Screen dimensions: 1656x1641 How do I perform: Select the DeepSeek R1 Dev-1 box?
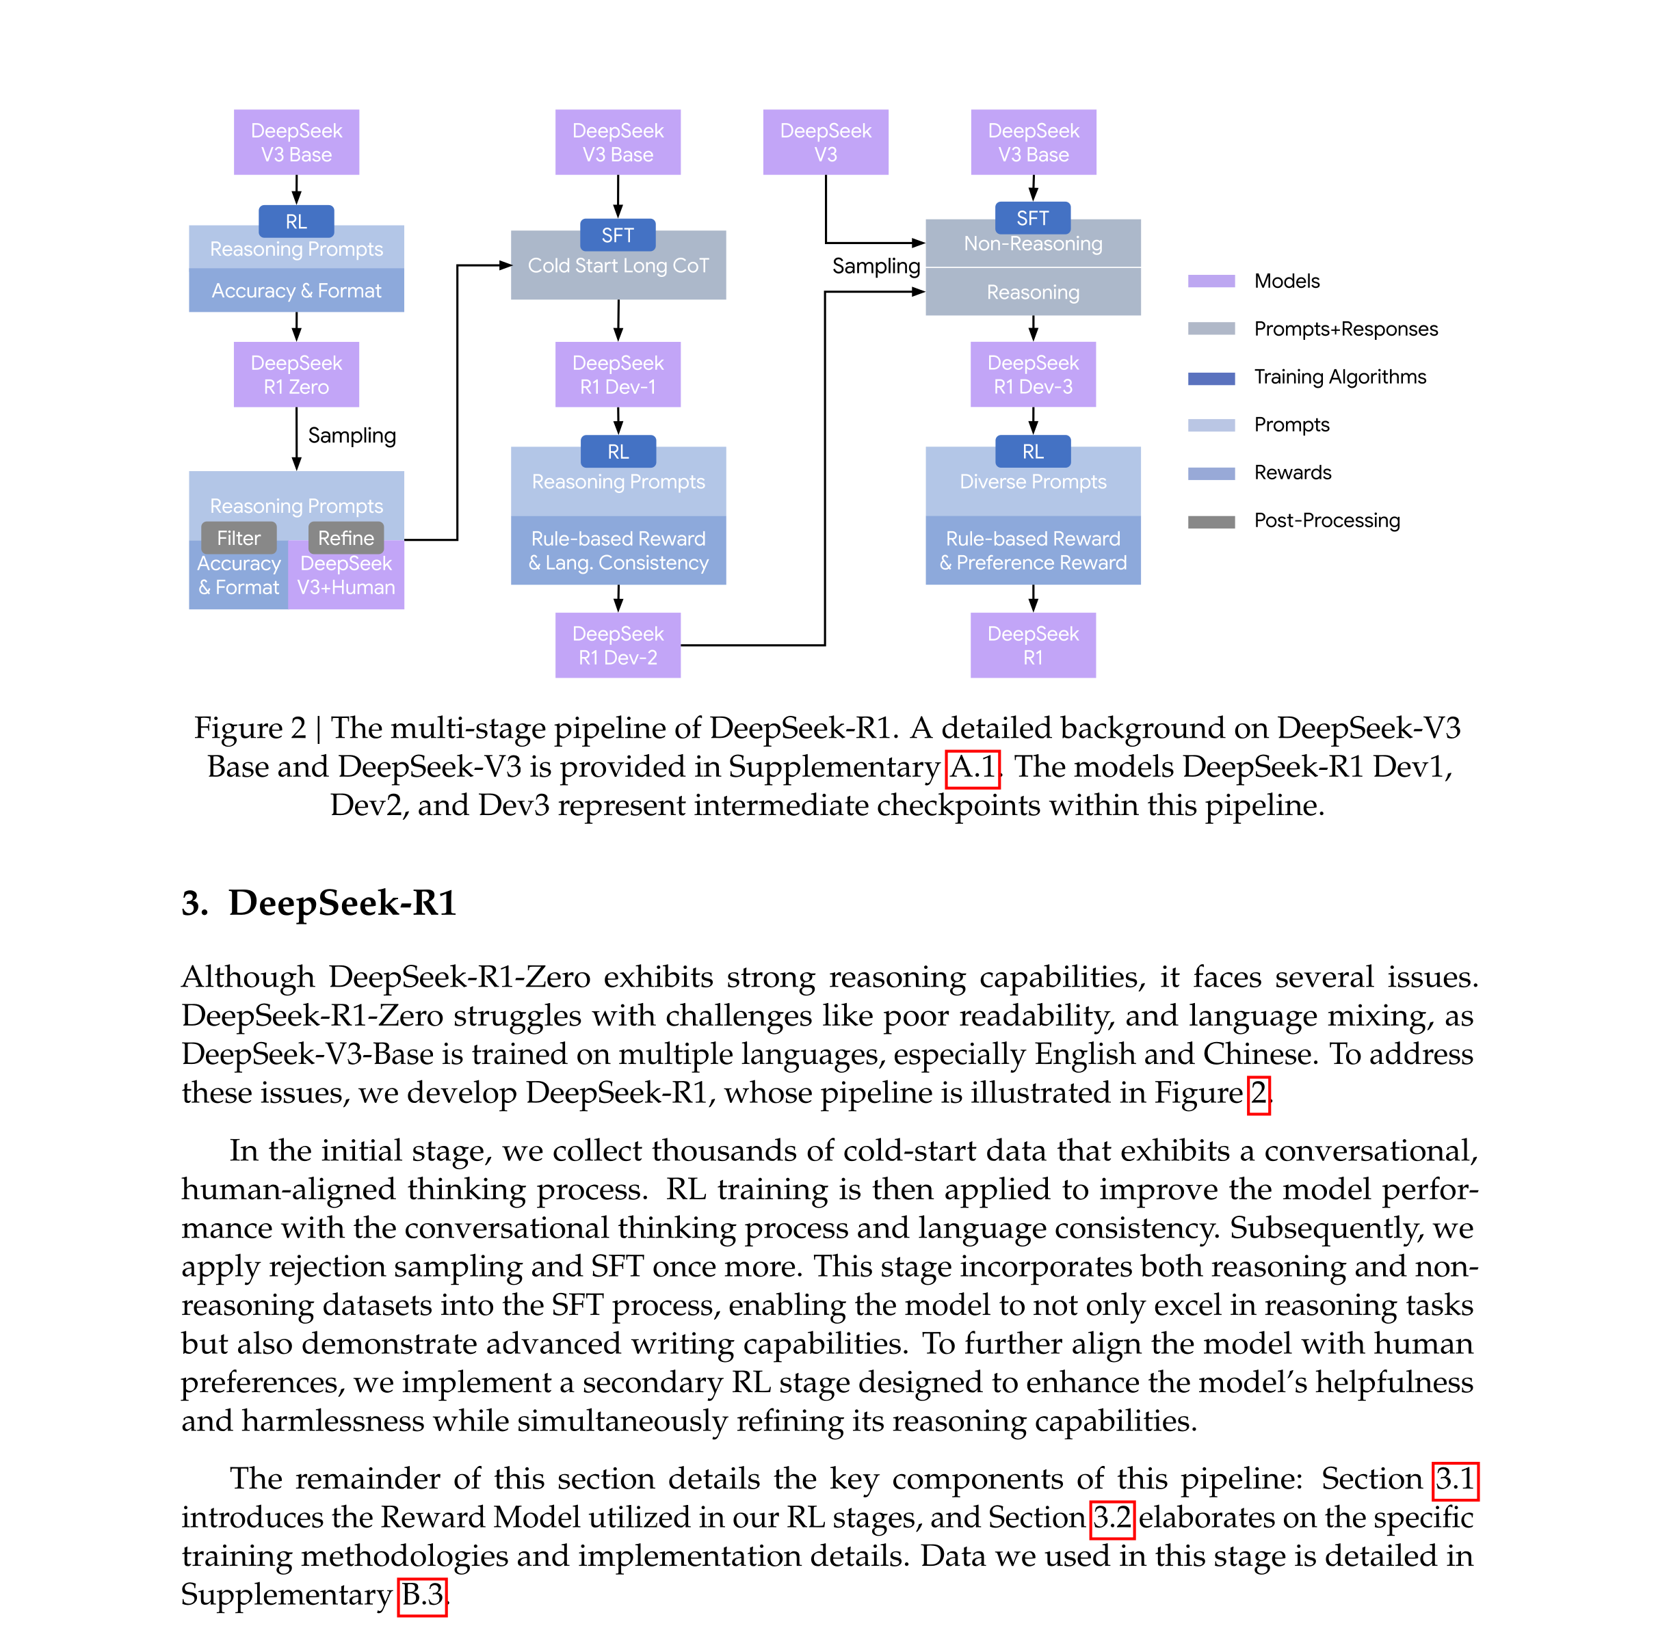617,375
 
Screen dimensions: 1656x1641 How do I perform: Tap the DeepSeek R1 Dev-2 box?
617,645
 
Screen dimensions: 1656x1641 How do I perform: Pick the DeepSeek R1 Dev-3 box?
1033,375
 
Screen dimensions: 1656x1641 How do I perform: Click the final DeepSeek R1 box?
1033,645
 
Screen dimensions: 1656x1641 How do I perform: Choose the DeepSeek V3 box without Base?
826,142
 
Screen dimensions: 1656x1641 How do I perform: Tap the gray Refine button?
346,538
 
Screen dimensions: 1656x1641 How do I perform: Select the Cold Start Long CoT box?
618,266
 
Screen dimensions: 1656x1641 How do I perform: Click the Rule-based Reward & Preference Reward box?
1033,550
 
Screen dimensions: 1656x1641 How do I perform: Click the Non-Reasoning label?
1033,244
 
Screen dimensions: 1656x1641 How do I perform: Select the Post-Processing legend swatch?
1211,522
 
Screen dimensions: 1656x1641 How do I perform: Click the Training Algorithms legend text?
1340,377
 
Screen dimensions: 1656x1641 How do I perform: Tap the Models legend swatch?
1211,281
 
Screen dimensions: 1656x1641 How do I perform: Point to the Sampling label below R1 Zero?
352,436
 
